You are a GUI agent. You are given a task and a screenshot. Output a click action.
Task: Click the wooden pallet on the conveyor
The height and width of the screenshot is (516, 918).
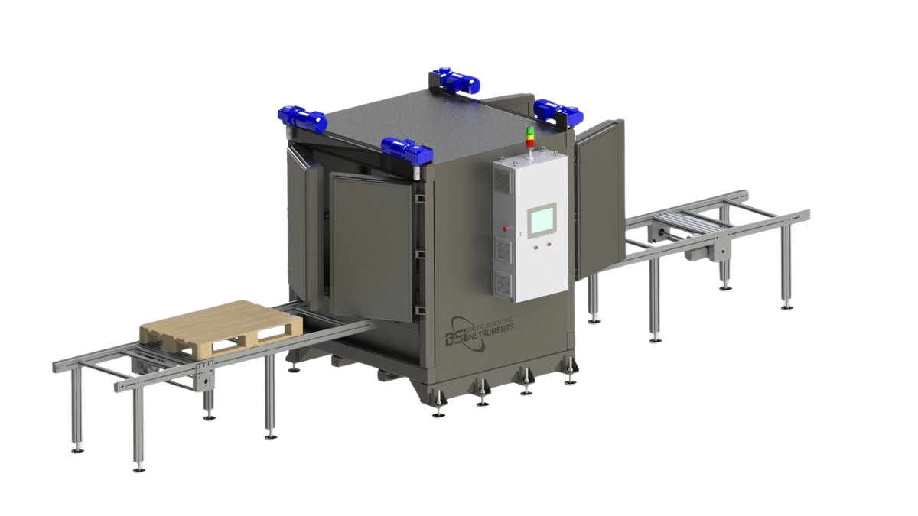[x=221, y=329]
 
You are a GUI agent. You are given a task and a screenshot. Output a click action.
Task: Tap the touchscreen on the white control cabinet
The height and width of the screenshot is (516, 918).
[x=541, y=220]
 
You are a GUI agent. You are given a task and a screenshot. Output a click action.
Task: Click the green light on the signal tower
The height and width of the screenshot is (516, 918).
[x=530, y=131]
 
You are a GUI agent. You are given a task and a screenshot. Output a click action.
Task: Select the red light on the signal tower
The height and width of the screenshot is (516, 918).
[x=530, y=143]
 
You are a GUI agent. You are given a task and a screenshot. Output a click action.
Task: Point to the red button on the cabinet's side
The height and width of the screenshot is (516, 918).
[x=506, y=229]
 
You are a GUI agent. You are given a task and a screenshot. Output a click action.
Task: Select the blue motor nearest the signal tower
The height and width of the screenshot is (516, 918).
[x=558, y=111]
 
